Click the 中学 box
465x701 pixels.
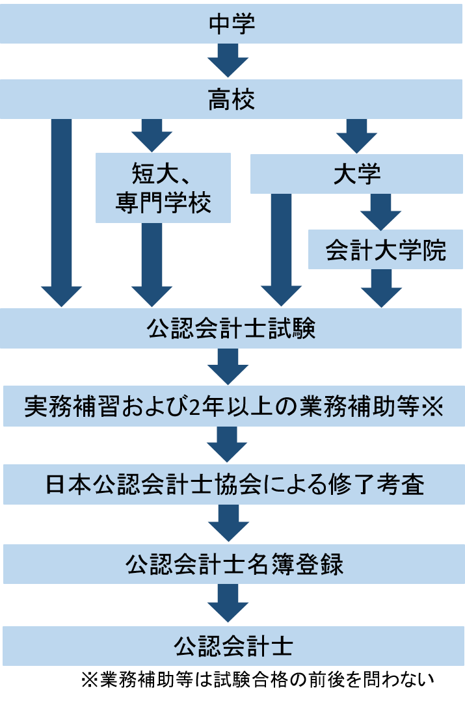tap(232, 25)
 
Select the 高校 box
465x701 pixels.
tap(232, 100)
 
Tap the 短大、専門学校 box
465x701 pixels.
tap(163, 188)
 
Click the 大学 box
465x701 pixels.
tap(356, 174)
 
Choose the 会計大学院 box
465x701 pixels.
tap(386, 250)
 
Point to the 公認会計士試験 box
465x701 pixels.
tap(232, 329)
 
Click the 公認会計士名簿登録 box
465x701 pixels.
tap(232, 564)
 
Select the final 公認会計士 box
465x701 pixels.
tap(232, 646)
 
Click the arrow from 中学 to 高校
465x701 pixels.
tap(228, 62)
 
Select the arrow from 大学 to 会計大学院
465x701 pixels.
tap(380, 212)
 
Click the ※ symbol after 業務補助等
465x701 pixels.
tap(431, 407)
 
